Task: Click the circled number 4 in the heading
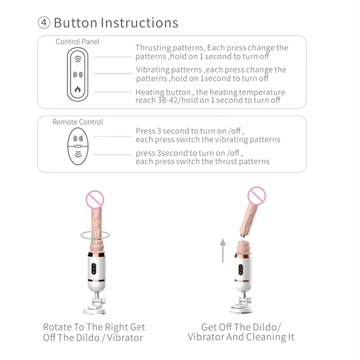point(44,22)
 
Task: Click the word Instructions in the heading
point(139,23)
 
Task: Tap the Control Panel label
point(78,42)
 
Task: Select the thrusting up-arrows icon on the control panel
point(78,59)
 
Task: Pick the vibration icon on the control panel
point(78,75)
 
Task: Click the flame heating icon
point(78,89)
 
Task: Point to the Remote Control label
point(78,122)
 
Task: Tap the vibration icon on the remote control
point(78,138)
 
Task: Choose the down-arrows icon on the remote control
point(78,154)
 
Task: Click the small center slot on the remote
point(78,146)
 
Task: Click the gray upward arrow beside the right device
point(223,250)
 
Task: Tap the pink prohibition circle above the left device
point(95,199)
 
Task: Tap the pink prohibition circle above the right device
point(257,196)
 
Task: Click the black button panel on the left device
point(94,269)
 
